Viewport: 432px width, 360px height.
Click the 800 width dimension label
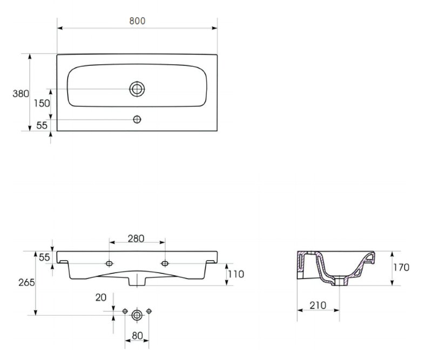pyautogui.click(x=137, y=21)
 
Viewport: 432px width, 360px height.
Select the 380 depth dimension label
pyautogui.click(x=21, y=94)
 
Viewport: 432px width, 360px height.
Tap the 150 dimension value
pyautogui.click(x=42, y=103)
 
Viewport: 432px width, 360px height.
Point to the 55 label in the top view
pyautogui.click(x=42, y=125)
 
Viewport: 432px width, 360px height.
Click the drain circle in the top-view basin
pyautogui.click(x=137, y=89)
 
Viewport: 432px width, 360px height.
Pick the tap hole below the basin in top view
pyautogui.click(x=137, y=119)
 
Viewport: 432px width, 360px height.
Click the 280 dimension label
pyautogui.click(x=136, y=239)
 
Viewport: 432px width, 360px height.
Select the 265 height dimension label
pyautogui.click(x=26, y=282)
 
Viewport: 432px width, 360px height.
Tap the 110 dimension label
pyautogui.click(x=236, y=274)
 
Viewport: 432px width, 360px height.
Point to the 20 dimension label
pyautogui.click(x=101, y=297)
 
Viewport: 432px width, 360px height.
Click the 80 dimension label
pyautogui.click(x=137, y=336)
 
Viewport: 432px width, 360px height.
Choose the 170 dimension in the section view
pyautogui.click(x=401, y=267)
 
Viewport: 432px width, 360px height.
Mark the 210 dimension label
pyautogui.click(x=318, y=305)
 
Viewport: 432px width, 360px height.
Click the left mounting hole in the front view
pyautogui.click(x=109, y=263)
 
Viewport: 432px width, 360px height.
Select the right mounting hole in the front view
pyautogui.click(x=165, y=263)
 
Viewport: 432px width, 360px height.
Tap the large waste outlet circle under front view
pyautogui.click(x=137, y=315)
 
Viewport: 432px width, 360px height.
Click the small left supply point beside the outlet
pyautogui.click(x=125, y=311)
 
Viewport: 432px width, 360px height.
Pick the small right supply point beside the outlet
pyautogui.click(x=149, y=311)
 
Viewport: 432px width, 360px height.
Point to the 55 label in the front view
pyautogui.click(x=44, y=257)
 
